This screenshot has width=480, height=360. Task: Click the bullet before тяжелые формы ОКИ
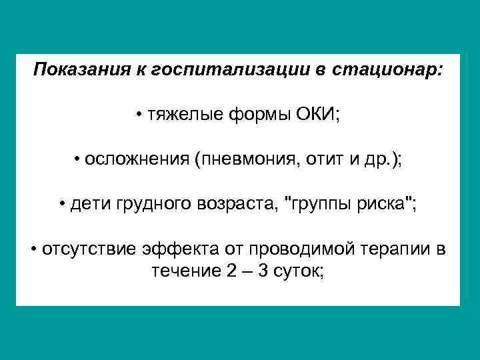click(143, 115)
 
